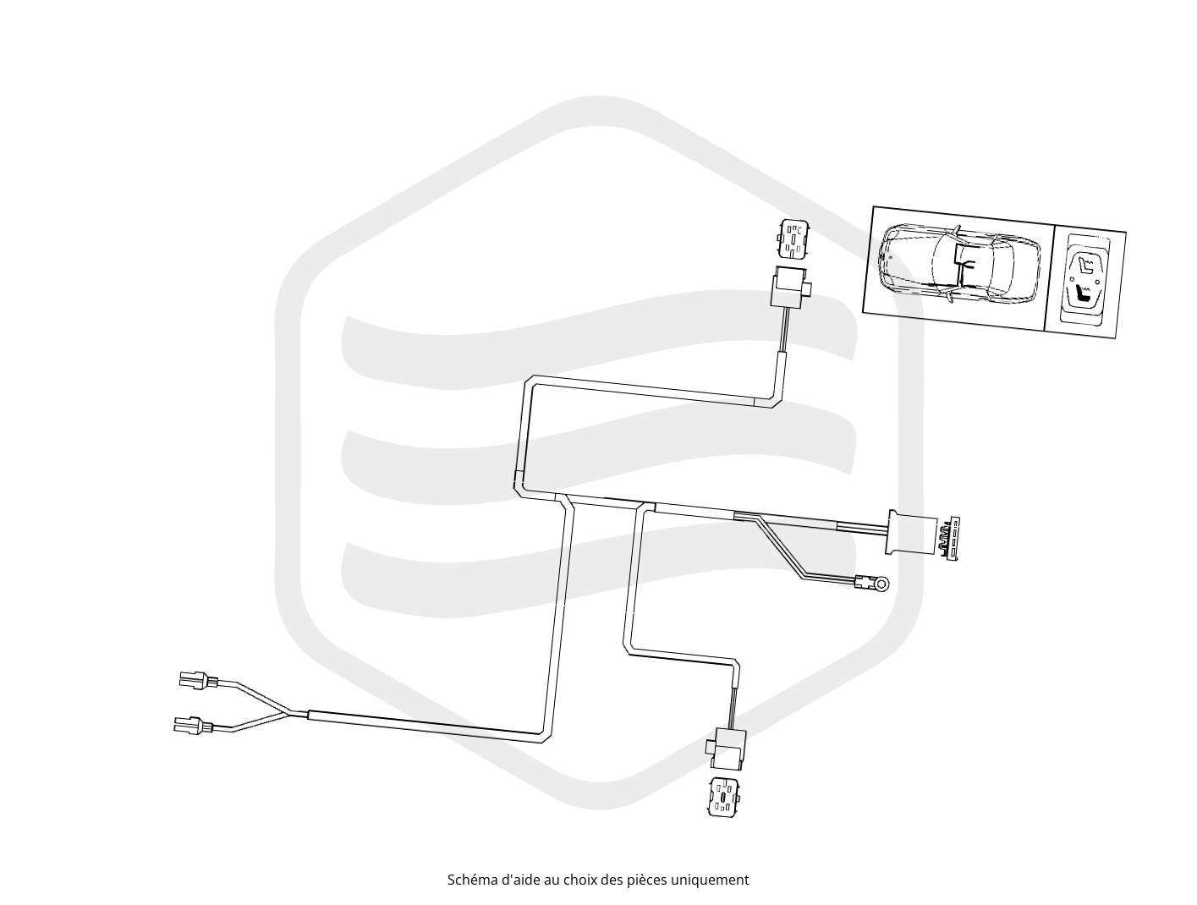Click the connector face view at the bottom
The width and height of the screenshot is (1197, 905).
(723, 797)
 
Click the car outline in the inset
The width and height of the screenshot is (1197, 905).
(958, 264)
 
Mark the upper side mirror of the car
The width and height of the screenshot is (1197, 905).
(958, 229)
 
